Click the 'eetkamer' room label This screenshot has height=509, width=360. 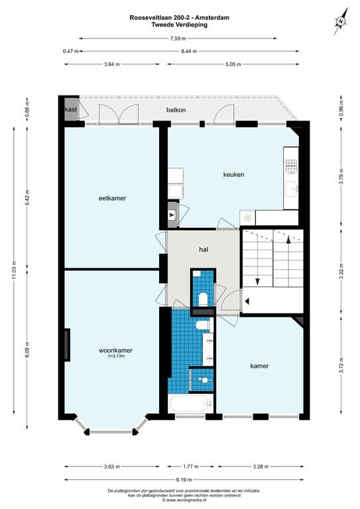(112, 198)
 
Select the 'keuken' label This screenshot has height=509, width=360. (233, 175)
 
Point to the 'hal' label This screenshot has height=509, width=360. (204, 250)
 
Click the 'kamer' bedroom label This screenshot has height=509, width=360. (259, 366)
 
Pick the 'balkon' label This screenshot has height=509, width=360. (176, 110)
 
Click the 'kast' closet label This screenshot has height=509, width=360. (70, 109)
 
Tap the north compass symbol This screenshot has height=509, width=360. (340, 23)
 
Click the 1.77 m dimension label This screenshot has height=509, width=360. (190, 467)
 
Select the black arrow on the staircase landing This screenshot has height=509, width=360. (247, 302)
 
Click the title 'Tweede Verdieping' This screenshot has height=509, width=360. (179, 26)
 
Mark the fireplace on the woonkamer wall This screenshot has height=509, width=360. (67, 345)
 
